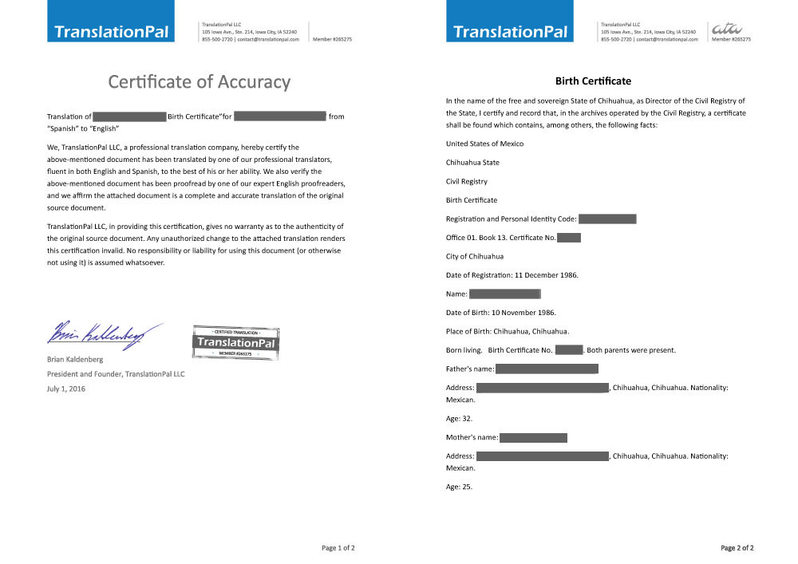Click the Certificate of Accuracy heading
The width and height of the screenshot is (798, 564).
coord(199,81)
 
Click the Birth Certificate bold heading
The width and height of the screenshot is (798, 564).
coord(593,81)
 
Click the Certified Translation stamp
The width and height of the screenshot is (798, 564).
coord(235,342)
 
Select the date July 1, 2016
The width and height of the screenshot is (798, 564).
coord(66,388)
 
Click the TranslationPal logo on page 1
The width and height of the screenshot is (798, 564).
coord(111,32)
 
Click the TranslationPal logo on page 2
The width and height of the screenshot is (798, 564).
coord(511,32)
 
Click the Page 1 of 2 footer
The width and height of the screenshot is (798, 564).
coord(338,548)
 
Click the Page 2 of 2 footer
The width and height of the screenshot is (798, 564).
coord(737,548)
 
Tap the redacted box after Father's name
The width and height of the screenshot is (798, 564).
coord(547,369)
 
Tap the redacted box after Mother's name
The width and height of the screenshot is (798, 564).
coord(533,437)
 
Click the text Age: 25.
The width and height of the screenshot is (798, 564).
coord(459,487)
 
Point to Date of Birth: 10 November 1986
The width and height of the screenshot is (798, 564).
coord(501,312)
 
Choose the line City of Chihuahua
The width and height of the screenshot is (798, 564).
coord(475,256)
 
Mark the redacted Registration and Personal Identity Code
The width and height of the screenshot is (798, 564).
coord(607,219)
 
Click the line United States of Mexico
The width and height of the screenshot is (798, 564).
coord(484,144)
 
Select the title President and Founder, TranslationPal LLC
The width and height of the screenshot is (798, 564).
coord(116,373)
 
